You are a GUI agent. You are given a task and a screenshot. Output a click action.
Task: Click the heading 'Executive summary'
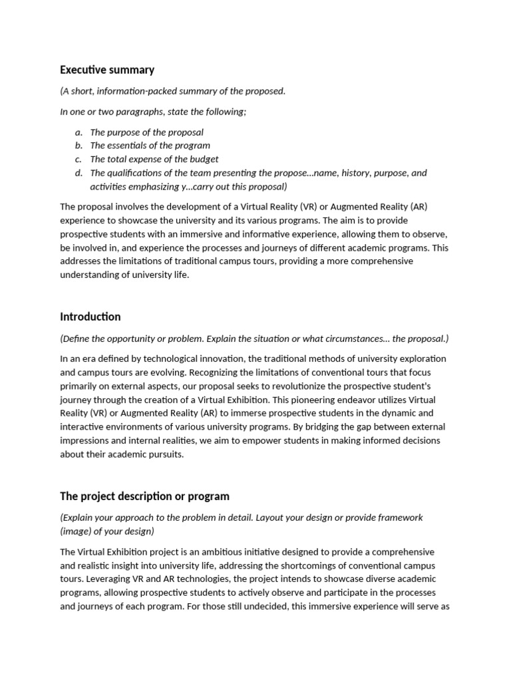pyautogui.click(x=107, y=70)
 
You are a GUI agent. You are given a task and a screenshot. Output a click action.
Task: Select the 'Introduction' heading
pyautogui.click(x=90, y=317)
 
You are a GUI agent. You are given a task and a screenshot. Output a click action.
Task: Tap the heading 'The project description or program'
pyautogui.click(x=144, y=496)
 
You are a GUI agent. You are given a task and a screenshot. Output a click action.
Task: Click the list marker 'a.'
pyautogui.click(x=79, y=132)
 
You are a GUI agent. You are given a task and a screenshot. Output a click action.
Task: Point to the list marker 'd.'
pyautogui.click(x=79, y=173)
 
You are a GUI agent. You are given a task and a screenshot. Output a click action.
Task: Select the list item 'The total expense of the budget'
pyautogui.click(x=154, y=160)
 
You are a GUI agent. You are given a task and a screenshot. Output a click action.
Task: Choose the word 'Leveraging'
pyautogui.click(x=105, y=579)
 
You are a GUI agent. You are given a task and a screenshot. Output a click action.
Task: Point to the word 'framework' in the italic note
pyautogui.click(x=401, y=517)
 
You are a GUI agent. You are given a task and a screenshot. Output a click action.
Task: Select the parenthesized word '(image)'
pyautogui.click(x=75, y=531)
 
